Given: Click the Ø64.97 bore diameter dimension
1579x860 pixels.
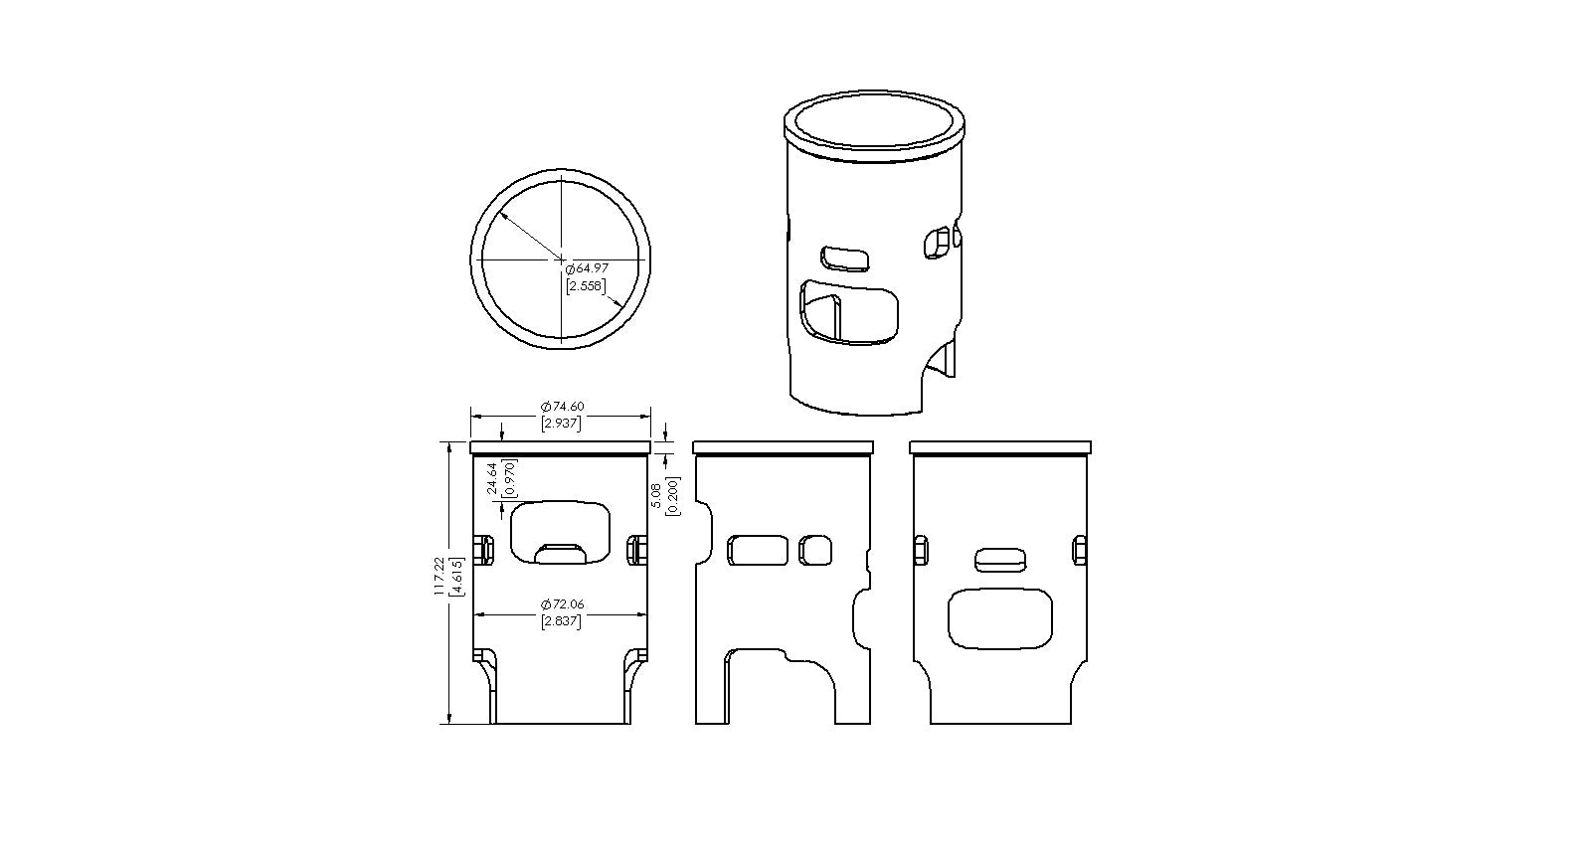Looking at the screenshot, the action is [x=587, y=268].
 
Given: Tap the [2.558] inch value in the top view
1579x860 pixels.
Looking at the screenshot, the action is [x=587, y=286].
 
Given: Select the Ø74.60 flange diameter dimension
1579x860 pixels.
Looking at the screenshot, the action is [x=563, y=407].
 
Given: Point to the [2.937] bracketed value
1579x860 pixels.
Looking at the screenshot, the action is [x=561, y=424].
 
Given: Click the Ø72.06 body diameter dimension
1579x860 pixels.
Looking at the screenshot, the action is [x=563, y=604].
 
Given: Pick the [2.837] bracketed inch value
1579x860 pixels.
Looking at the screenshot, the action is [x=561, y=621].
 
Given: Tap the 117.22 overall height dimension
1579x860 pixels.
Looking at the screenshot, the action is [x=439, y=577].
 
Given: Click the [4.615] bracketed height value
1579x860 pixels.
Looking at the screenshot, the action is [x=456, y=577].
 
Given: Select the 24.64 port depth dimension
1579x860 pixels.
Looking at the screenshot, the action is [x=493, y=478].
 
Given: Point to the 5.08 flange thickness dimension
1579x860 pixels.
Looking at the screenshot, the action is [x=655, y=495].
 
